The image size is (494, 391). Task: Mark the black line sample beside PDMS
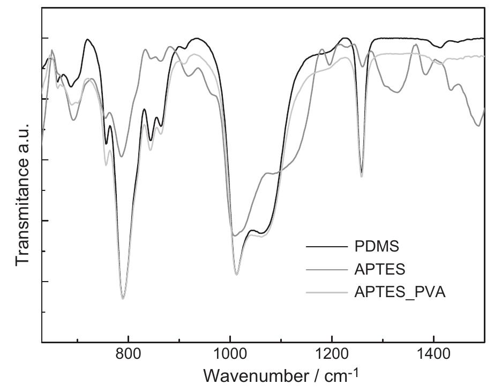(326, 247)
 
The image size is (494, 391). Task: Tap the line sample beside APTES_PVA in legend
(326, 292)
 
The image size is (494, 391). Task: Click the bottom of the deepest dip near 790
(123, 299)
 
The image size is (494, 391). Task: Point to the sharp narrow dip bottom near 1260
(362, 176)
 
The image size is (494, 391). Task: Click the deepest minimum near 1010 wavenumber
(236, 275)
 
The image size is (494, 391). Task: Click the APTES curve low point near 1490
(478, 126)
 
